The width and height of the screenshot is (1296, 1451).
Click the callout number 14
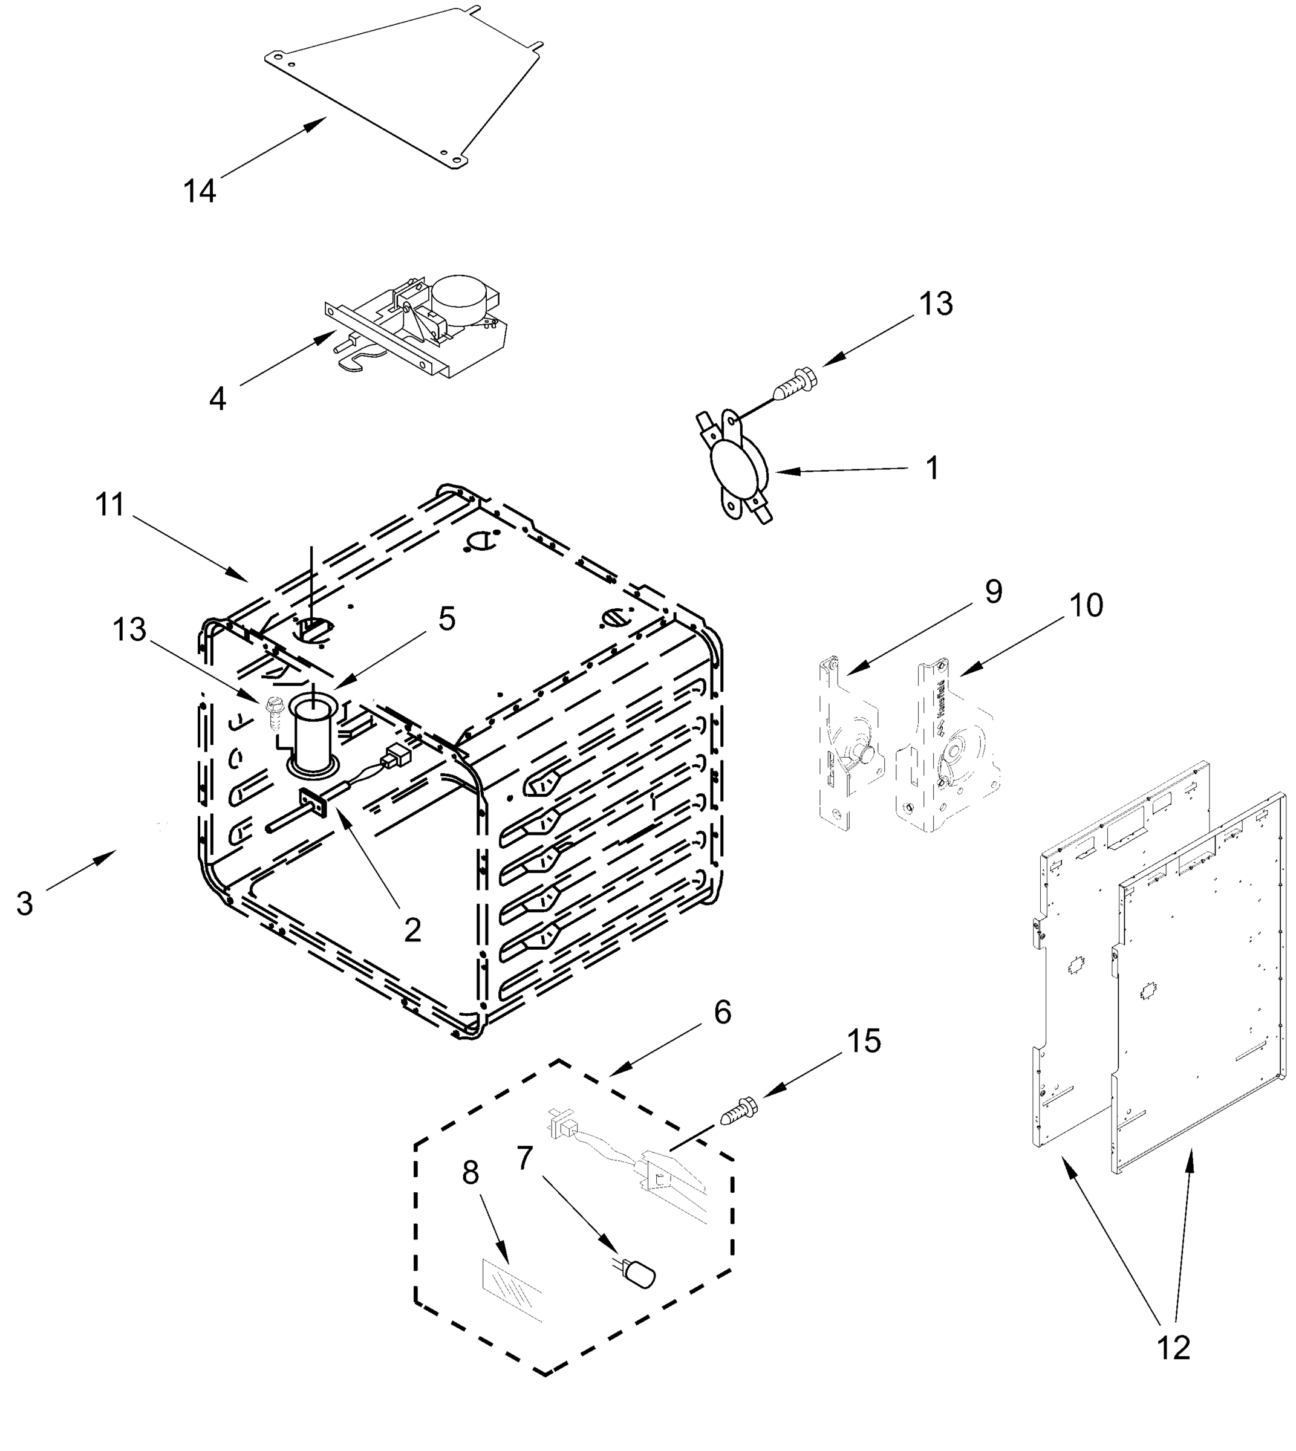(x=200, y=192)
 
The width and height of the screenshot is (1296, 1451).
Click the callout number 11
(x=111, y=505)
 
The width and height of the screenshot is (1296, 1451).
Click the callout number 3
(x=25, y=904)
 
